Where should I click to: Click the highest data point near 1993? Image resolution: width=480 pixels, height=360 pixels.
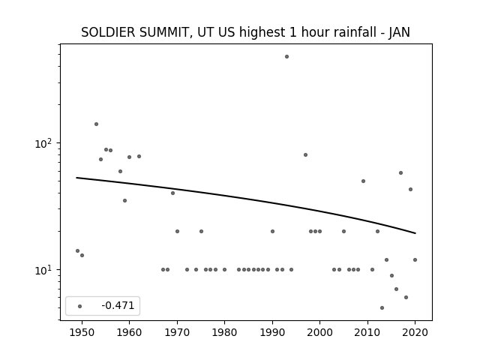click(x=286, y=57)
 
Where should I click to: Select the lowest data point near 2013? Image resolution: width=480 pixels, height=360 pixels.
click(x=382, y=307)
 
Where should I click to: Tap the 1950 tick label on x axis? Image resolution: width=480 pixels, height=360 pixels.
click(x=82, y=332)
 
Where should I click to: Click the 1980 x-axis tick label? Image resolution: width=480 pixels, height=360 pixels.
click(x=225, y=332)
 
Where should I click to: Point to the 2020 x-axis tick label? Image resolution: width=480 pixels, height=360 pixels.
click(x=415, y=332)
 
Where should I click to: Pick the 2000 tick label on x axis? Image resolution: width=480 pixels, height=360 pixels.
click(x=320, y=332)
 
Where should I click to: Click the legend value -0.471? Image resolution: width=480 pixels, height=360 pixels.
click(x=118, y=305)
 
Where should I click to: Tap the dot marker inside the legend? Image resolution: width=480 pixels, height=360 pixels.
click(x=80, y=306)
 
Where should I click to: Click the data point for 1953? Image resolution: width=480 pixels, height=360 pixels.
click(x=96, y=124)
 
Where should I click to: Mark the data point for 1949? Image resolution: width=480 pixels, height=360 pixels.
click(x=77, y=250)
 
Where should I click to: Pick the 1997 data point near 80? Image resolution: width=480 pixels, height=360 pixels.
click(x=305, y=155)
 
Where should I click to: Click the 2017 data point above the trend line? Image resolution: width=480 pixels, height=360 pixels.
click(x=400, y=173)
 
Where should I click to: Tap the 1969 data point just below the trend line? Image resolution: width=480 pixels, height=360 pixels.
click(x=172, y=193)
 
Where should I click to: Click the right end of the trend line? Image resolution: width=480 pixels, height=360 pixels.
click(x=415, y=233)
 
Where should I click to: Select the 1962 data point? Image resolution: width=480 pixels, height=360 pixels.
click(x=139, y=157)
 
